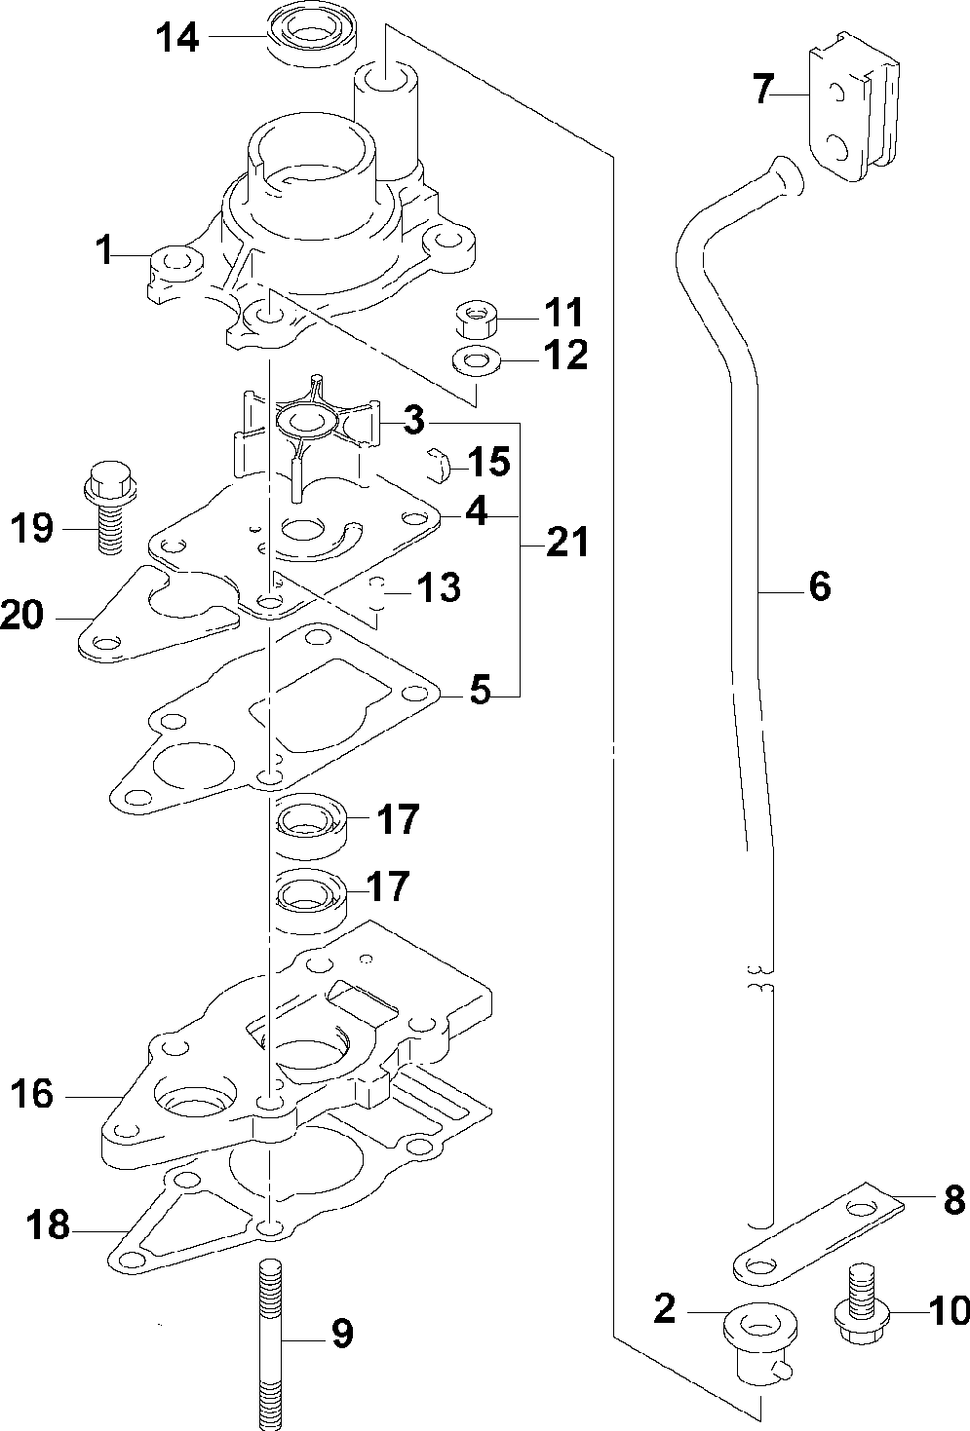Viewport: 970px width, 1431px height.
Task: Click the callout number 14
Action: click(x=177, y=38)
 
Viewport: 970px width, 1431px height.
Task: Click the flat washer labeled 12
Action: click(x=476, y=362)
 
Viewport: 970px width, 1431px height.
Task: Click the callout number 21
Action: click(x=566, y=543)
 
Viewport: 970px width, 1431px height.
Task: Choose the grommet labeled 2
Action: click(x=759, y=1342)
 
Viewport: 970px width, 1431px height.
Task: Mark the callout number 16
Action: click(x=32, y=1094)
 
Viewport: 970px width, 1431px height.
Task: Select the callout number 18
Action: click(x=48, y=1226)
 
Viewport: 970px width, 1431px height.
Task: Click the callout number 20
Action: click(x=22, y=615)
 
